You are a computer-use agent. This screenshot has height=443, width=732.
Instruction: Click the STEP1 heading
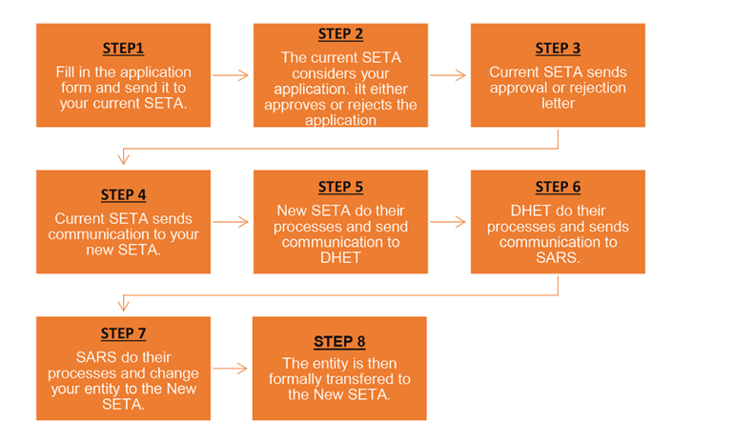(124, 49)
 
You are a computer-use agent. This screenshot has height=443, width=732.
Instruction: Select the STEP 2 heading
(340, 34)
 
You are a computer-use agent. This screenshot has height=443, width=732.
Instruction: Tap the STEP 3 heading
(558, 49)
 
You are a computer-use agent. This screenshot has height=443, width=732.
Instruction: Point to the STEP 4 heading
(124, 195)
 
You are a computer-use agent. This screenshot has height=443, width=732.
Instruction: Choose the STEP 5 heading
(340, 187)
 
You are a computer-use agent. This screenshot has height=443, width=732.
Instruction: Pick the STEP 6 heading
(558, 187)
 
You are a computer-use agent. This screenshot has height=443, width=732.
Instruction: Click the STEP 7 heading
(124, 333)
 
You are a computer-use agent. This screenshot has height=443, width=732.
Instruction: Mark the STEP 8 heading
(339, 341)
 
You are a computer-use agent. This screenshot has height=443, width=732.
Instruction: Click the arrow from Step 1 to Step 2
(232, 73)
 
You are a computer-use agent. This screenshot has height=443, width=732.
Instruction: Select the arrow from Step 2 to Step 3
(449, 73)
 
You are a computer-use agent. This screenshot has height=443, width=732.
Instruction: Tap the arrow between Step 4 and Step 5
(232, 221)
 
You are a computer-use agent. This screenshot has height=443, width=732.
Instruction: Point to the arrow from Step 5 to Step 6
(449, 221)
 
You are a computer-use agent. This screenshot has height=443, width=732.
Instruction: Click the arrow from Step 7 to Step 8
(232, 367)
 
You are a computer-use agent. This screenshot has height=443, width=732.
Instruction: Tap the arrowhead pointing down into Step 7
(124, 306)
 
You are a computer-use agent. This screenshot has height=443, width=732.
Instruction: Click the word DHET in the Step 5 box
(340, 257)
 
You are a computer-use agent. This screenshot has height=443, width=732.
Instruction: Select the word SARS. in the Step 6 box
(558, 257)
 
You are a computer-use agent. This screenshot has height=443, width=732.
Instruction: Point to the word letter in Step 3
(558, 102)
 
